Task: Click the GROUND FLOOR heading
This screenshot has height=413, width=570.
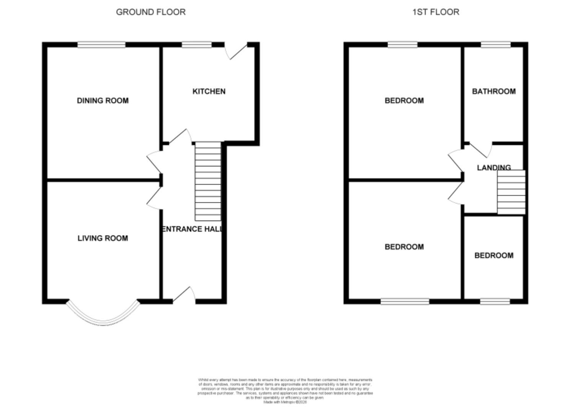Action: [x=151, y=12]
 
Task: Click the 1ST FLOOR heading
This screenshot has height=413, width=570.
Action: [x=436, y=12]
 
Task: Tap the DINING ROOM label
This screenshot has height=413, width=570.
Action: [x=103, y=101]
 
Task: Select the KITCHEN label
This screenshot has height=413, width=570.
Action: [x=209, y=91]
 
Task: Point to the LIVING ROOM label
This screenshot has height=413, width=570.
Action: [x=103, y=238]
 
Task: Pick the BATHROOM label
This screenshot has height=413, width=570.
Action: [x=493, y=91]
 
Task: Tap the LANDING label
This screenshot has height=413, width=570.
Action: [x=493, y=167]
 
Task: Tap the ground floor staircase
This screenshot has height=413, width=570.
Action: [x=208, y=182]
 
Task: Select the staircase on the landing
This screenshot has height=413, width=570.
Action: [x=511, y=192]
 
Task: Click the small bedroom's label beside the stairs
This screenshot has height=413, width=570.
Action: [x=493, y=255]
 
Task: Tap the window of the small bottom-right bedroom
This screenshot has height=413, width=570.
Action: [x=495, y=302]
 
